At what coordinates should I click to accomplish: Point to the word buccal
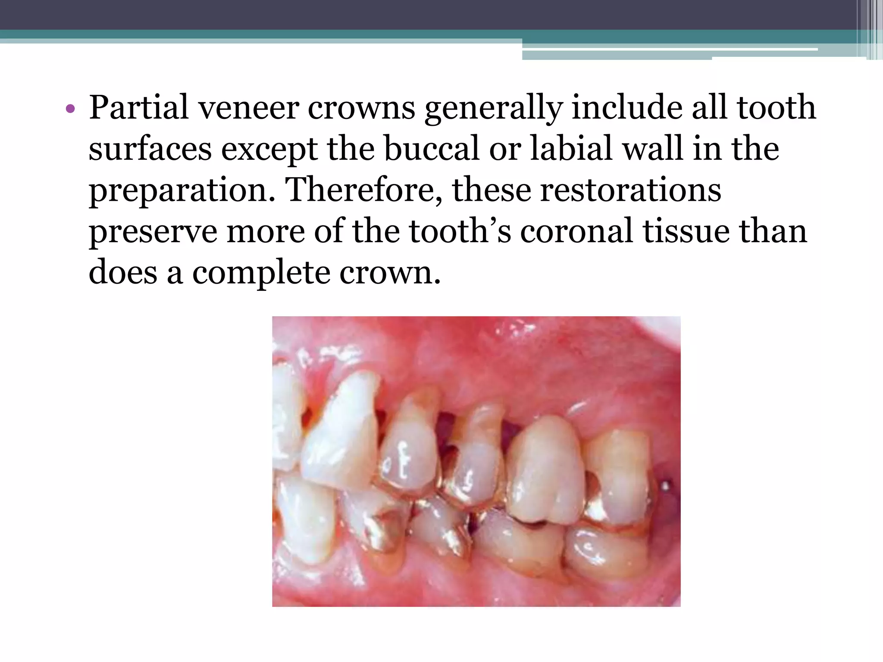(x=432, y=148)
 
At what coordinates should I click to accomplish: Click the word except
(x=269, y=149)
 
